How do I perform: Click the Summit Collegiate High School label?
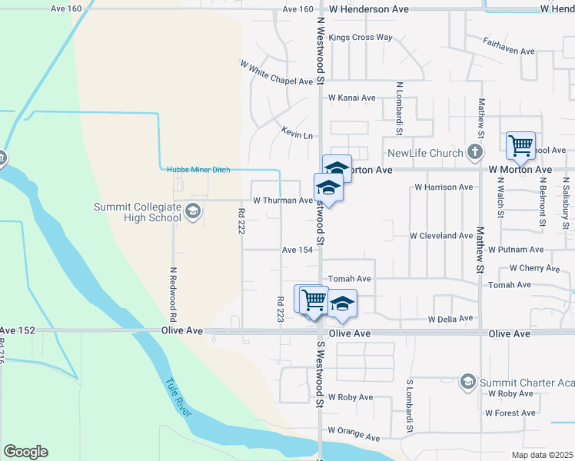(x=137, y=212)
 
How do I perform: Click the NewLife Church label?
(x=425, y=153)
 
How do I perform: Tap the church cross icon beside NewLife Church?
(x=476, y=152)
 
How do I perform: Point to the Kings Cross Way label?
(x=360, y=37)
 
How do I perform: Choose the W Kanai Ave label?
(x=351, y=98)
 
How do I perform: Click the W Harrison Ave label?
(x=444, y=187)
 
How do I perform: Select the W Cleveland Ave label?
(x=440, y=235)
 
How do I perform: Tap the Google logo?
(x=25, y=452)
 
